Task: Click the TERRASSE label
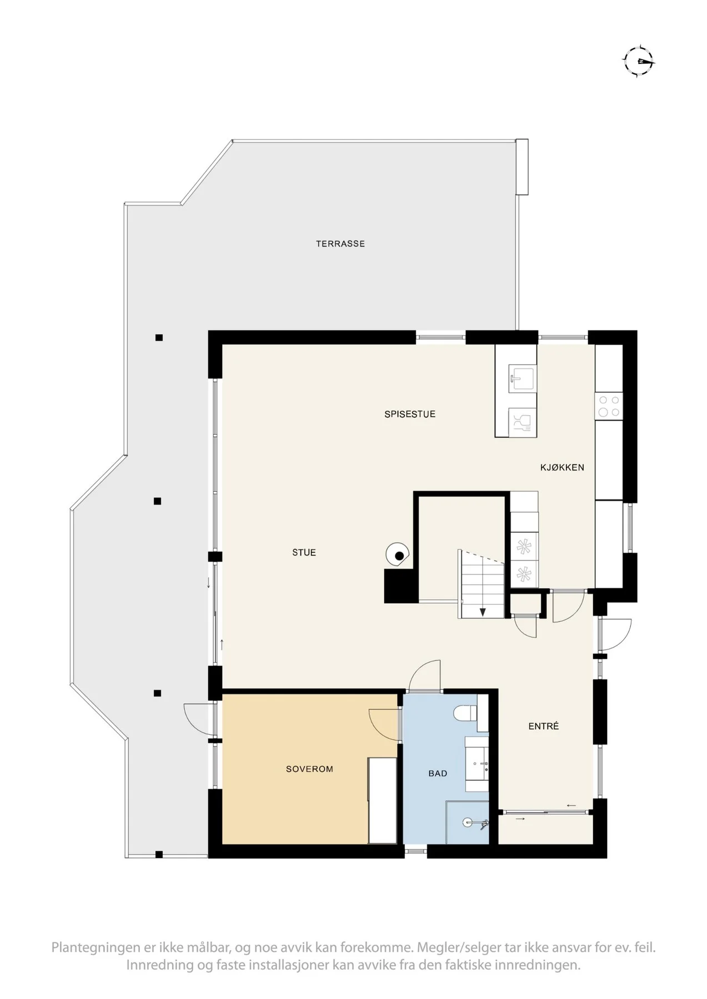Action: click(340, 244)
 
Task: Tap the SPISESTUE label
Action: click(410, 414)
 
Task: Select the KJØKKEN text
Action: click(562, 467)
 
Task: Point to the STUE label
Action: click(304, 552)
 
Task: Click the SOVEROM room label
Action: click(309, 769)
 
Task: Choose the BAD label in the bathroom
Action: click(438, 773)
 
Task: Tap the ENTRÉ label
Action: click(543, 726)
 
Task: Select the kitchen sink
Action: click(522, 379)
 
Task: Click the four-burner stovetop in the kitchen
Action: click(609, 406)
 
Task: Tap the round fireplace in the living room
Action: click(398, 554)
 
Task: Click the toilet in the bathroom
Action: click(465, 712)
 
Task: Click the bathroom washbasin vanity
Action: click(477, 764)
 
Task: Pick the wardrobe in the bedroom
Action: click(382, 800)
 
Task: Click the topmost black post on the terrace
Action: click(159, 337)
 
